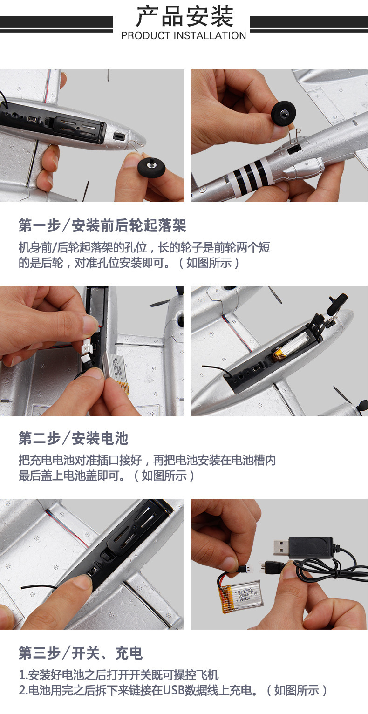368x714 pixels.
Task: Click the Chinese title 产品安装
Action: [x=184, y=17]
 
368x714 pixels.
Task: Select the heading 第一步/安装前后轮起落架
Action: [x=102, y=225]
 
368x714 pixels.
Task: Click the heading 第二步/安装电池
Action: [x=73, y=438]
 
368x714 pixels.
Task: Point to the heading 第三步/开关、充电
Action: [x=81, y=653]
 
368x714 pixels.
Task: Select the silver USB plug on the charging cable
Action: [x=281, y=547]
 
